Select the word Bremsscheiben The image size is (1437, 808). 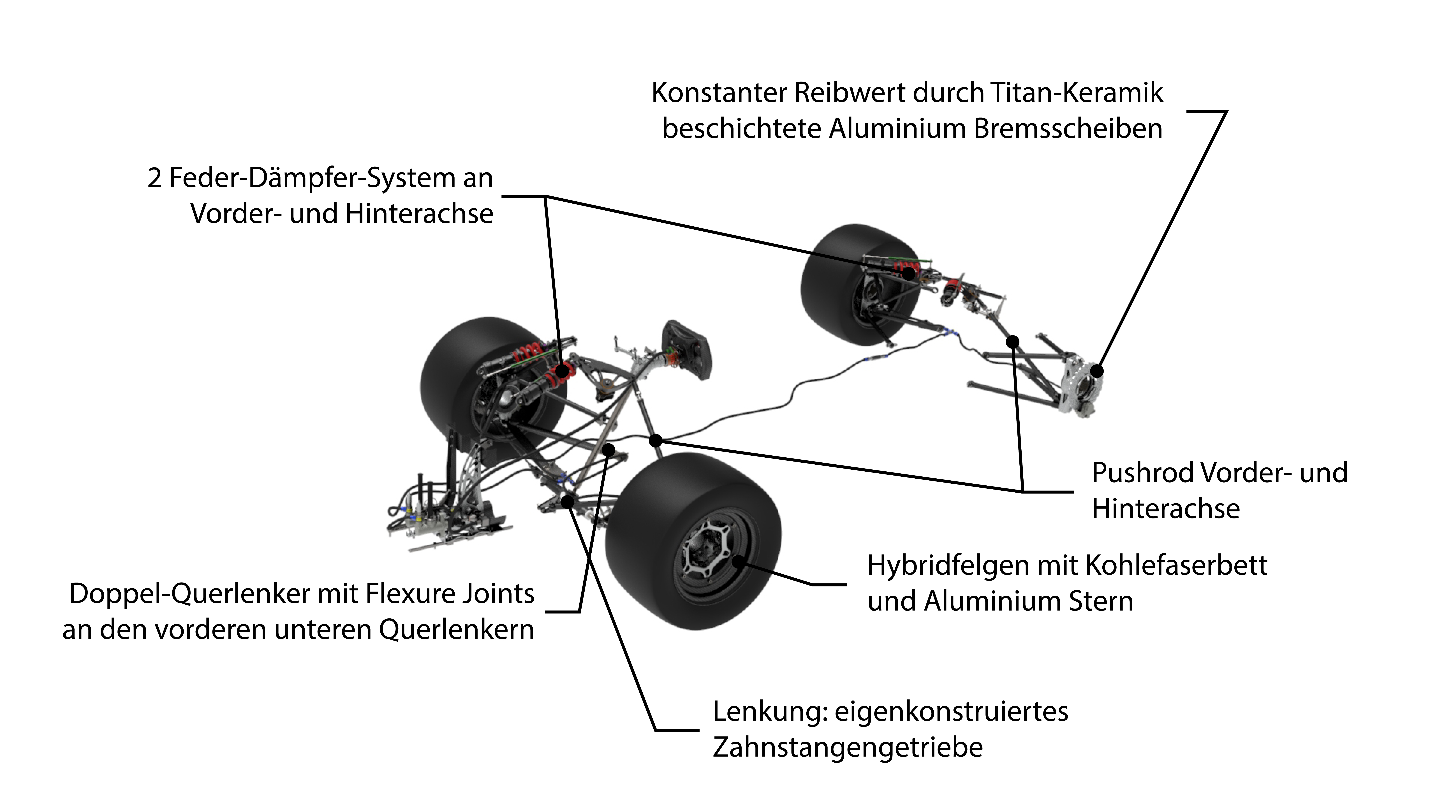tap(1068, 129)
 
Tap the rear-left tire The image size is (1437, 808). tap(859, 284)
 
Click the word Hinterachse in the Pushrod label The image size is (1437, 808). tap(1166, 509)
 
